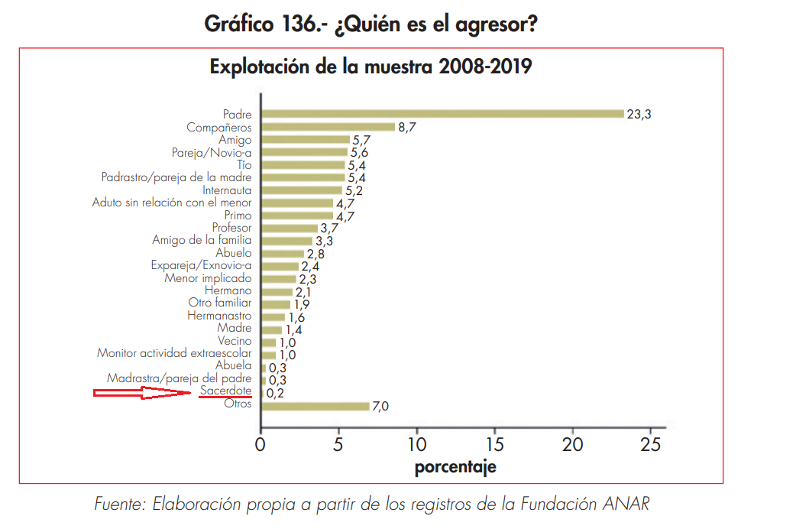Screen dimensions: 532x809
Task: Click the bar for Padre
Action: [443, 114]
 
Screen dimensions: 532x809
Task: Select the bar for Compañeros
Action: [328, 127]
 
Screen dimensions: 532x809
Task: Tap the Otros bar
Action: [316, 406]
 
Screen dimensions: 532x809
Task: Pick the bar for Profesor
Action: [290, 228]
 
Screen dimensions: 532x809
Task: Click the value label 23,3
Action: [639, 115]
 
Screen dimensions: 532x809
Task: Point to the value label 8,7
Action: [406, 128]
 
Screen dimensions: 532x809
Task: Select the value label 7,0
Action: [380, 407]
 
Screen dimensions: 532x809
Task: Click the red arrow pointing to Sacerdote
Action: [142, 393]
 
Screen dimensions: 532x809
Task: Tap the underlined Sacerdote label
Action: [225, 391]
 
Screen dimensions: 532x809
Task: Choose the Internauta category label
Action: [227, 190]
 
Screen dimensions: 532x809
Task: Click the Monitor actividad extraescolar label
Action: [174, 353]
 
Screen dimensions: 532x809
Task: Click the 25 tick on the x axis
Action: [651, 444]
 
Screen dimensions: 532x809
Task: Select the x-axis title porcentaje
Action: [455, 467]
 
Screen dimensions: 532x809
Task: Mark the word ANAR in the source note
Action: [631, 504]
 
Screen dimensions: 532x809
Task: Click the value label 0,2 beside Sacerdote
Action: [275, 394]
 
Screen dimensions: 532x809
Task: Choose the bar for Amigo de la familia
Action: [286, 241]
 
